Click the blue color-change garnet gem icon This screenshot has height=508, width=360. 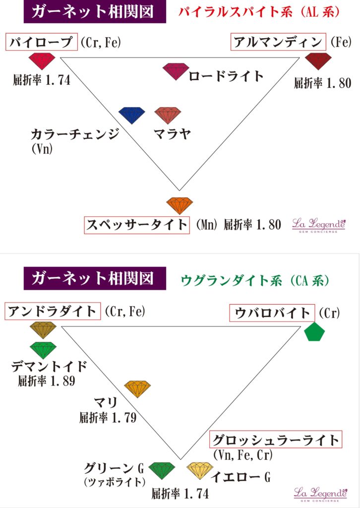coord(132,115)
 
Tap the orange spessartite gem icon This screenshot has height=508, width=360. coord(180,206)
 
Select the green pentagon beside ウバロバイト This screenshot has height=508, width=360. coord(315,331)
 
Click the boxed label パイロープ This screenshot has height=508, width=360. coord(42,42)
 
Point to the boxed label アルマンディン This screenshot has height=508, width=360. coord(278,42)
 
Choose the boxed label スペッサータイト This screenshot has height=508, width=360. coord(137,225)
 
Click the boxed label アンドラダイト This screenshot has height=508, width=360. coord(53,312)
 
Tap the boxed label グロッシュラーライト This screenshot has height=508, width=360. coord(276,440)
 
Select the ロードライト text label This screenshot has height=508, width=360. coord(226,76)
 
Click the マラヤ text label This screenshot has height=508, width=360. coord(172,133)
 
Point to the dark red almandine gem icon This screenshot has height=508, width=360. coord(318,62)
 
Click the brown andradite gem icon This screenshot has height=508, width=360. coord(43,330)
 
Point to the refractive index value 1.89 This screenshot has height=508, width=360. coord(63,381)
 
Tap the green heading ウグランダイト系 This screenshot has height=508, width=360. coord(232,281)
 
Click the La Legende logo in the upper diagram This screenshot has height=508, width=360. coord(319,225)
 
